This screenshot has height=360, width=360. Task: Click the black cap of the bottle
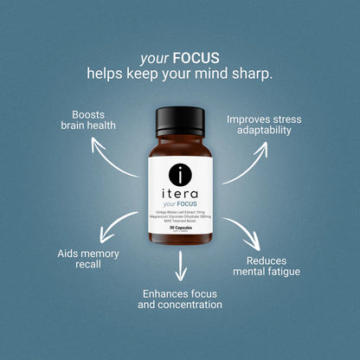tap(180, 119)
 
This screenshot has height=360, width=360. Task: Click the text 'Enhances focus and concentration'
tap(182, 299)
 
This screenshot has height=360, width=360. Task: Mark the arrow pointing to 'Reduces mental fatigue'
tap(243, 229)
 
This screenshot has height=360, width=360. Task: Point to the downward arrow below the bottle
tap(181, 267)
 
